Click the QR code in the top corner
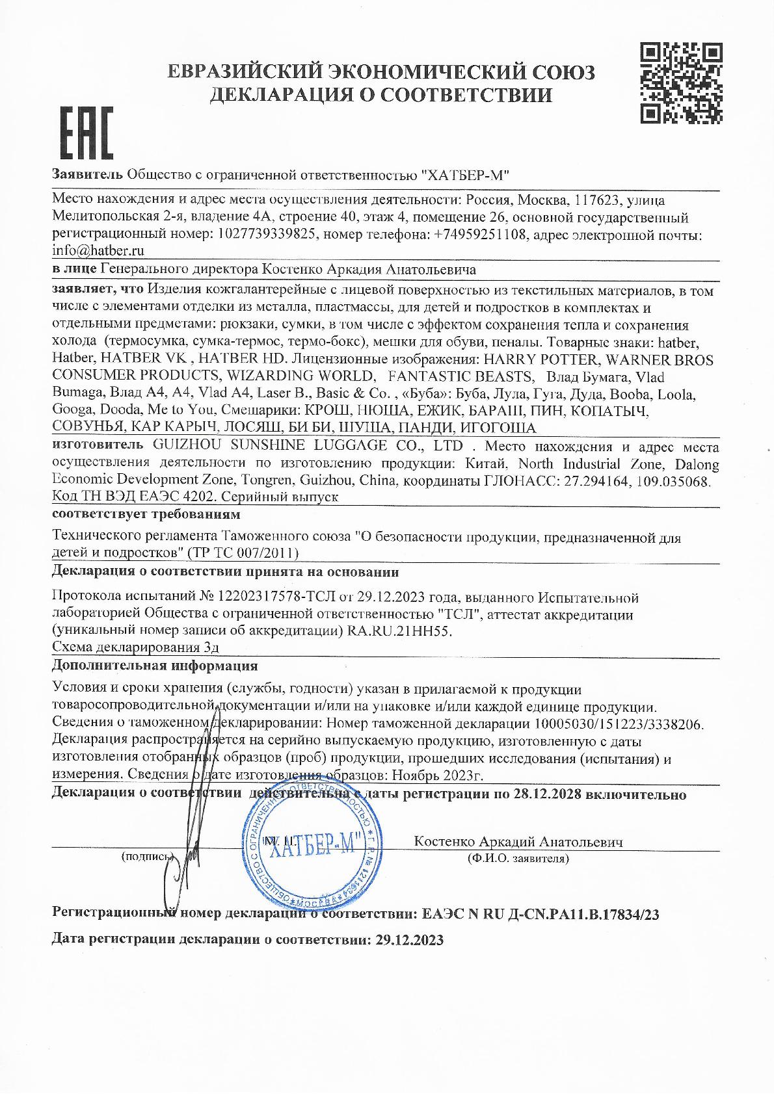(680, 83)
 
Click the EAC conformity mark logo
(87, 133)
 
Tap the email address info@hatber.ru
(98, 250)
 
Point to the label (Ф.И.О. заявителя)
(518, 858)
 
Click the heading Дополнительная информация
(155, 666)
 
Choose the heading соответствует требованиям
(146, 515)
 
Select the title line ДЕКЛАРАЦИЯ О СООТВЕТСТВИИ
(380, 96)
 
